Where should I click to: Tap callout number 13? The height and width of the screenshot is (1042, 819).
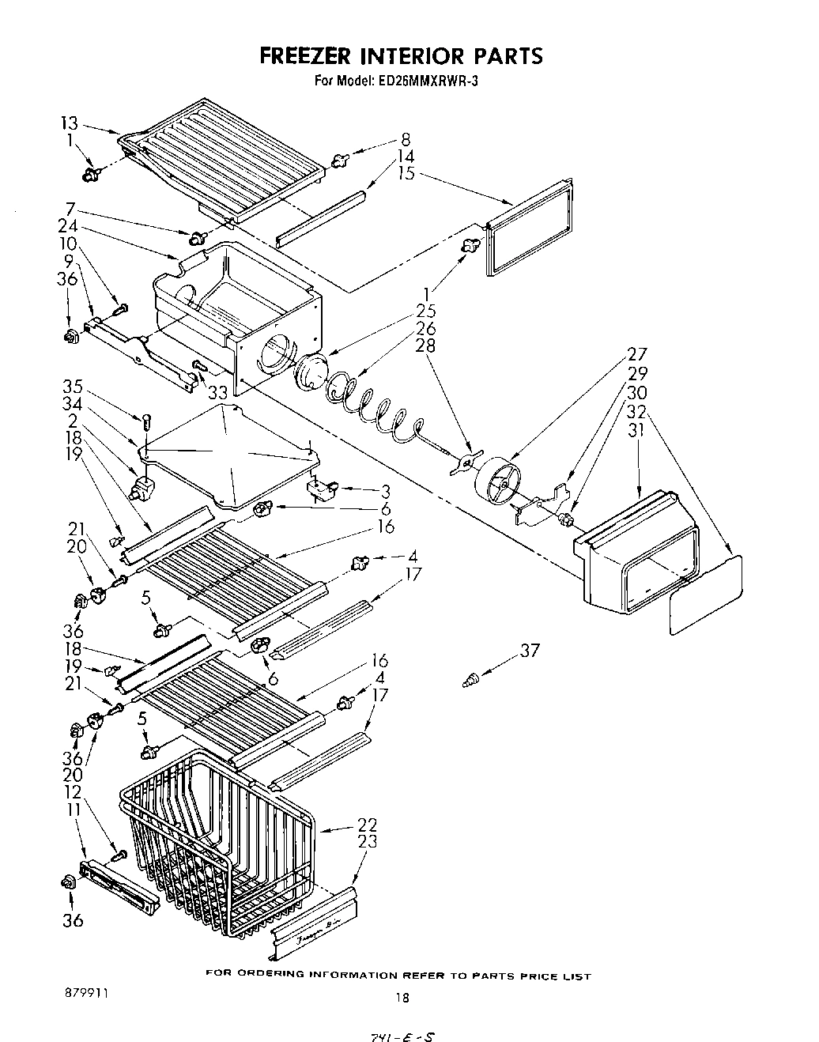point(69,123)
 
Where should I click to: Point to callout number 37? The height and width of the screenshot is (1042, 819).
point(529,651)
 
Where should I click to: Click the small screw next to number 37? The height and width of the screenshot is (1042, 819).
point(471,678)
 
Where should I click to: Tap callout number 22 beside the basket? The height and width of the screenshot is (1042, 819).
point(366,825)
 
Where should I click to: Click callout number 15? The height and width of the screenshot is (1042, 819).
point(406,174)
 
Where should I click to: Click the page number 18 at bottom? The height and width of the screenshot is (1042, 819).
point(402,997)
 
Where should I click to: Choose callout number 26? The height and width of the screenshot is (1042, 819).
point(425,329)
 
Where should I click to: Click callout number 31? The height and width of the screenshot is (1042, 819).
point(637,429)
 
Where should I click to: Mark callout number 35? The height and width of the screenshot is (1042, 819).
point(74,387)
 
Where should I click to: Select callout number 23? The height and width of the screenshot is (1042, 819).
point(366,841)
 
